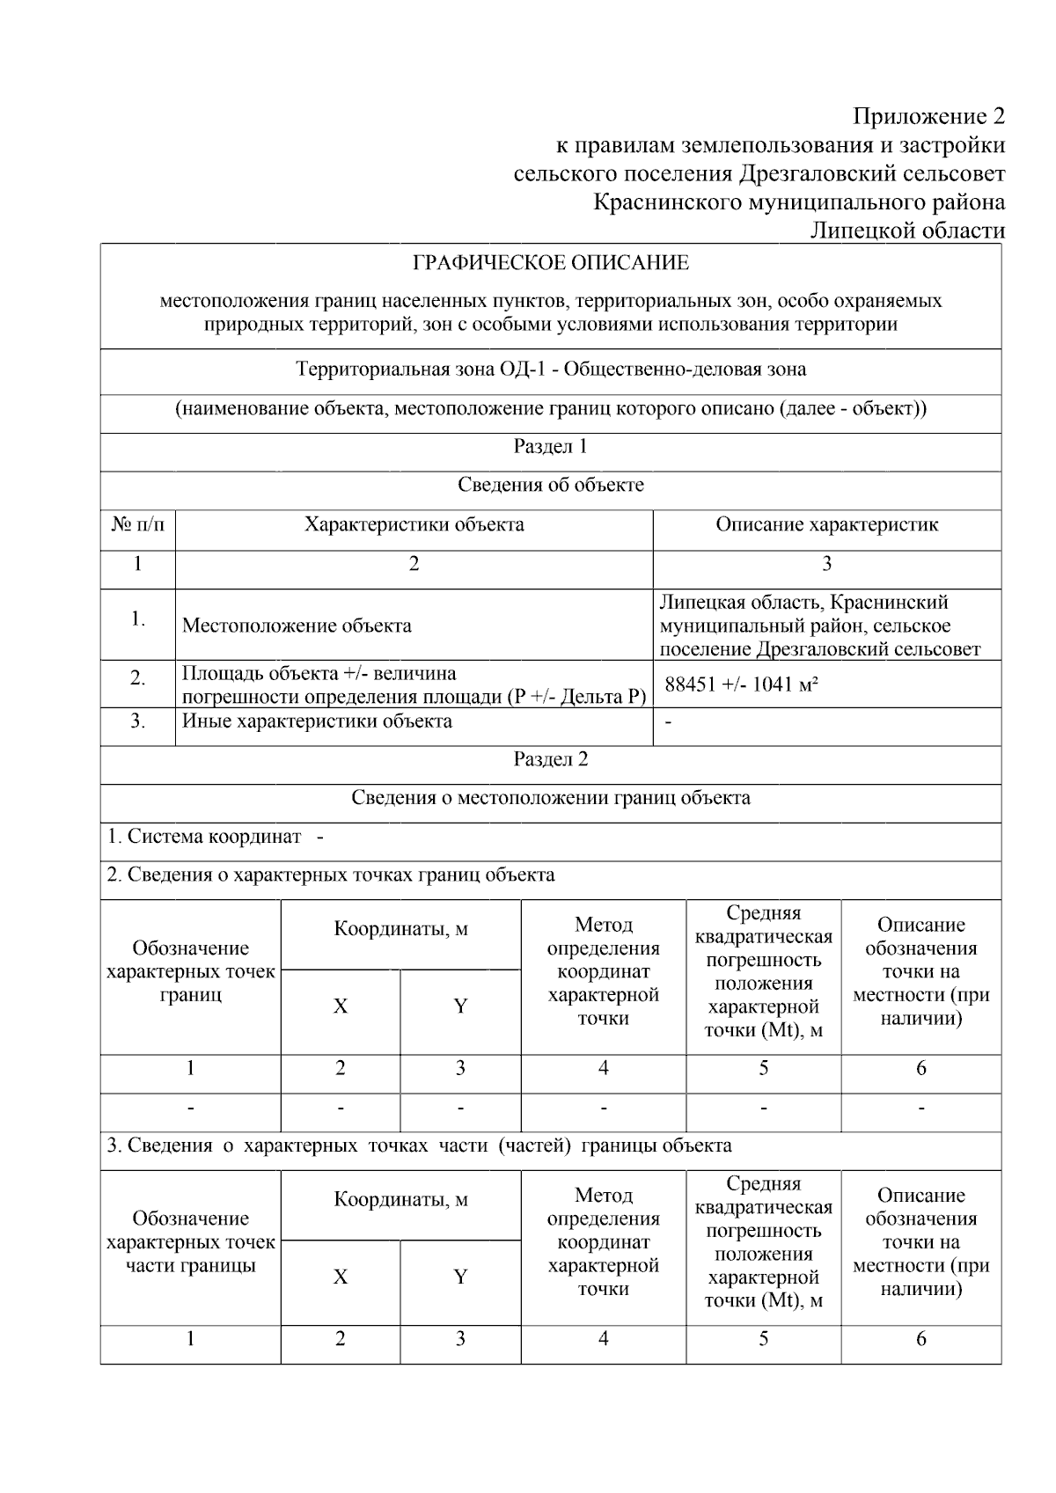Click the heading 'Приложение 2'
[x=928, y=116]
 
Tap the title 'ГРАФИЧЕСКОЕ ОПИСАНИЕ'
[x=551, y=263]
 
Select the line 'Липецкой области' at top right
[x=906, y=231]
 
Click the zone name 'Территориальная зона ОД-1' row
[x=551, y=370]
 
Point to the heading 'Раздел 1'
[x=551, y=447]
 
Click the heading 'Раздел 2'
[x=551, y=760]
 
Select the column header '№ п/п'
[x=137, y=525]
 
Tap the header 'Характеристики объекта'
[x=414, y=525]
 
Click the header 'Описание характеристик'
[x=826, y=525]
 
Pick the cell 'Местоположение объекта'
[x=297, y=626]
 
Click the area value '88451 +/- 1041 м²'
[x=741, y=684]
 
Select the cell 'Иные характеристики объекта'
[x=317, y=721]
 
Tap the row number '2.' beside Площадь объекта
[x=137, y=678]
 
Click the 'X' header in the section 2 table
[x=341, y=1006]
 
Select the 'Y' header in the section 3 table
[x=460, y=1277]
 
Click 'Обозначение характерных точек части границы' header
[x=190, y=1242]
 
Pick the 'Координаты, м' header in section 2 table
[x=400, y=930]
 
